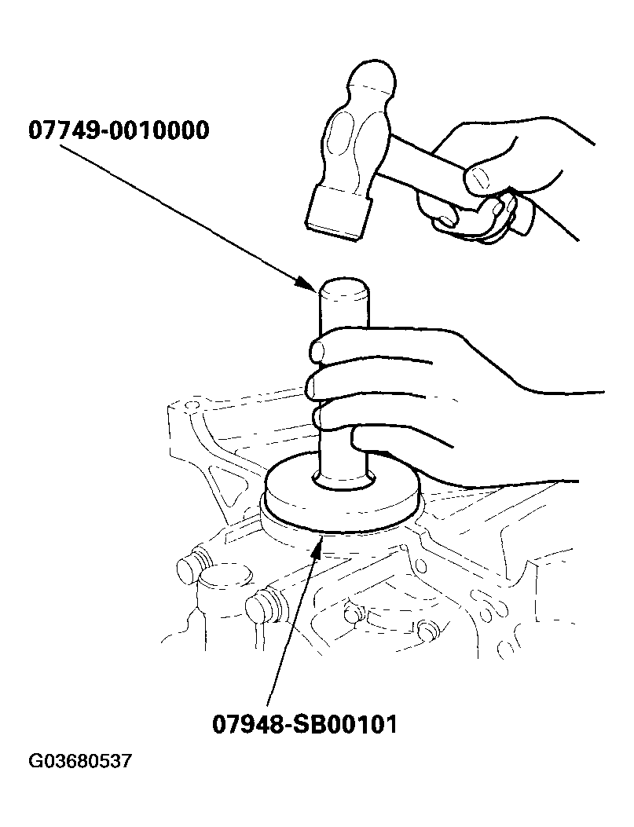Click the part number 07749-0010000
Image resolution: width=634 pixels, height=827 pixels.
[119, 130]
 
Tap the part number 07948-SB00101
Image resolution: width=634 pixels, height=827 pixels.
[304, 724]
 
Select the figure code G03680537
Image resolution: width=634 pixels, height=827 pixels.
[79, 762]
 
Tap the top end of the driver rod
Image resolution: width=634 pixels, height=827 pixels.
[345, 287]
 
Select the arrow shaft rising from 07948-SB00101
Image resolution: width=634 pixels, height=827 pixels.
[293, 626]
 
